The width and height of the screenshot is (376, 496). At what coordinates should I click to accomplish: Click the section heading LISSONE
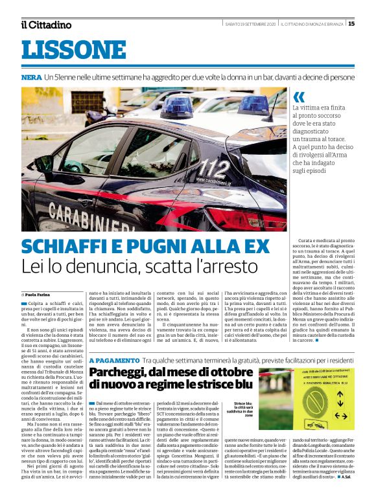[x=64, y=50]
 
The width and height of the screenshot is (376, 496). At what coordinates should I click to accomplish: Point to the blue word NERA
[x=31, y=77]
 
